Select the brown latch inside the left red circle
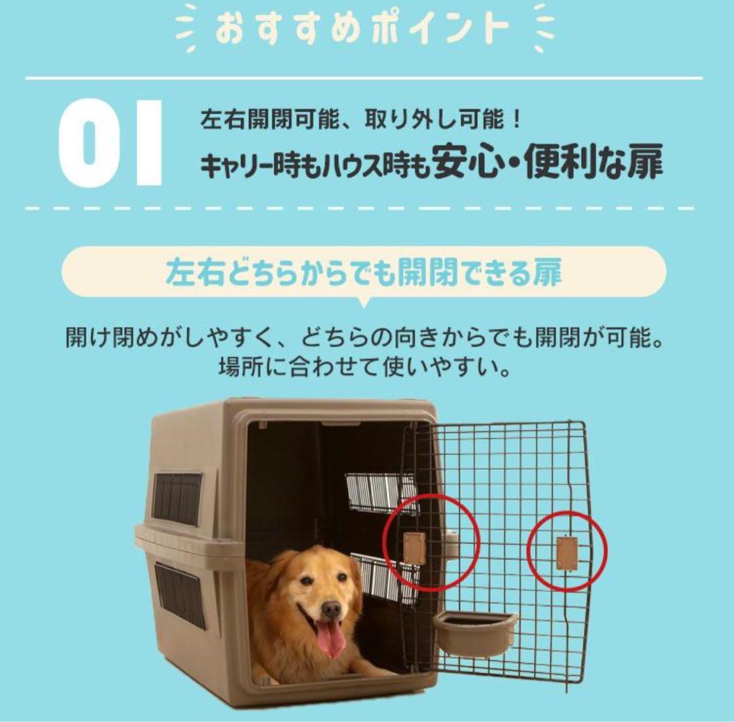pos(414,548)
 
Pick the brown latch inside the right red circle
pos(567,552)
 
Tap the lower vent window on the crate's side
pos(179,595)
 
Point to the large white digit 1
pos(148,142)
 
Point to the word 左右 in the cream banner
pos(189,271)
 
